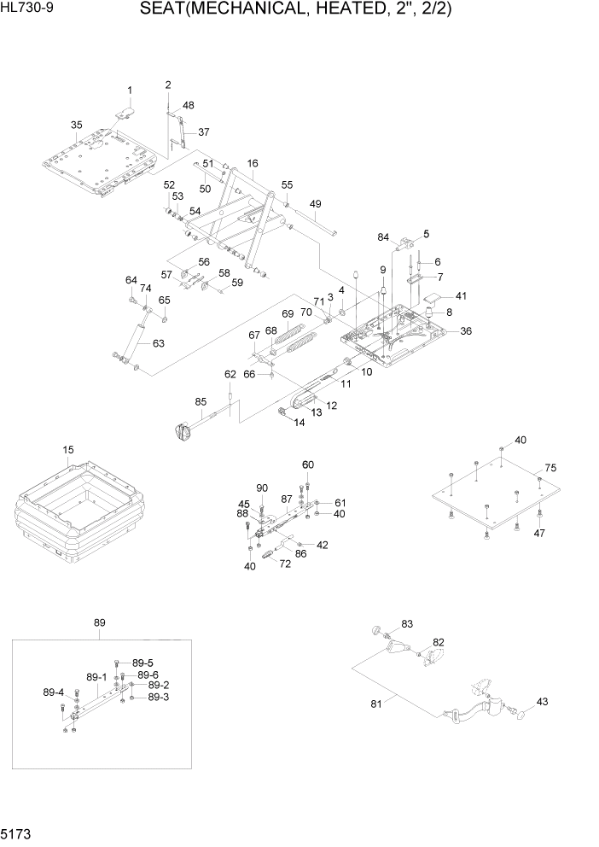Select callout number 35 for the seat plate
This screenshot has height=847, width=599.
[76, 126]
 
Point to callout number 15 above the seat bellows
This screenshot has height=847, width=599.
[68, 450]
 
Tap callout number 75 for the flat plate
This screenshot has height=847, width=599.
[550, 468]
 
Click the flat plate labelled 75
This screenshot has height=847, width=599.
[495, 495]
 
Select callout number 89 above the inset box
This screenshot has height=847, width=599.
[99, 623]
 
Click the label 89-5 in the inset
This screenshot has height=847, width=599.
[143, 663]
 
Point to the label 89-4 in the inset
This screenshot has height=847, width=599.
[54, 692]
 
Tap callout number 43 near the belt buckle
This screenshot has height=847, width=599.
[541, 702]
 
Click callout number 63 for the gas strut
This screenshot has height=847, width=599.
[158, 344]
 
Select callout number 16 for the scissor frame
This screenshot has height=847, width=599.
[252, 163]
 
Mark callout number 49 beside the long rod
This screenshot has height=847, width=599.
[315, 204]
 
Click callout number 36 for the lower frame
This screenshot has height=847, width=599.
[465, 330]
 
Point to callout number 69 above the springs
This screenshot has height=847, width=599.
[288, 313]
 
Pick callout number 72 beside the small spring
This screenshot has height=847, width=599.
[285, 565]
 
